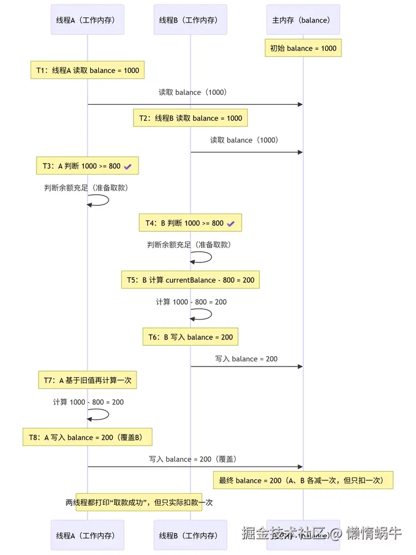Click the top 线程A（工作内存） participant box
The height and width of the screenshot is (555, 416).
(87, 20)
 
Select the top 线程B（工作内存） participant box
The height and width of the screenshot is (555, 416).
(190, 20)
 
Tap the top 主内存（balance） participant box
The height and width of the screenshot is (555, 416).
(303, 20)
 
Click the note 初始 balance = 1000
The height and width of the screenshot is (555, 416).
(303, 49)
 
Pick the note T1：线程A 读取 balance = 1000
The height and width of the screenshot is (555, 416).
(87, 71)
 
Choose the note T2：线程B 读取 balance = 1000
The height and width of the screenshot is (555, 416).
(190, 118)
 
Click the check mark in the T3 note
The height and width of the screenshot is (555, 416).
(128, 166)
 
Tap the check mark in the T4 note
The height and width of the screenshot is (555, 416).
(231, 223)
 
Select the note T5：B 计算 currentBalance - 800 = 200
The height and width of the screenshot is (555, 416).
(190, 280)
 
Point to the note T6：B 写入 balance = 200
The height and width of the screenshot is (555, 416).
(190, 337)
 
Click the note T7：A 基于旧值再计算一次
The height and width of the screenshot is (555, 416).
(87, 380)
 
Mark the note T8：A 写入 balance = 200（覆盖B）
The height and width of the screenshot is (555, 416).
(87, 437)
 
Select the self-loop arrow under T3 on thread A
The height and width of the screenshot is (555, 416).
(99, 200)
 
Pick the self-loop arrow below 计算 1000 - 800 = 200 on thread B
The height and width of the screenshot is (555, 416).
(202, 314)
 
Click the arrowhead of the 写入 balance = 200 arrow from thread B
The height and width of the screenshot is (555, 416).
(300, 367)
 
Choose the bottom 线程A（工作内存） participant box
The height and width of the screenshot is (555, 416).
(87, 535)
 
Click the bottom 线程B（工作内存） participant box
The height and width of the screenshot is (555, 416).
(190, 535)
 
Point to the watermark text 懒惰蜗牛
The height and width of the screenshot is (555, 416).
(374, 533)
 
